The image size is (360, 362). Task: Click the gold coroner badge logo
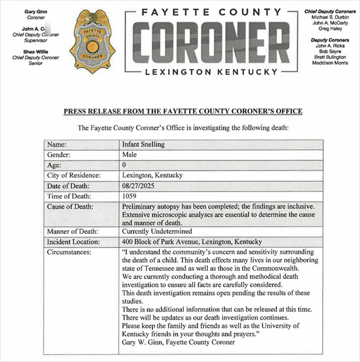pos(93,41)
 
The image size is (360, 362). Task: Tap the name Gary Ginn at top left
pos(36,11)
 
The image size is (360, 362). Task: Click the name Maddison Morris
pos(330,63)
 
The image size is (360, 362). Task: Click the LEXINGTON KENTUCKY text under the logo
pos(211,72)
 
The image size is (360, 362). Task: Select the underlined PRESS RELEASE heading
pos(183,111)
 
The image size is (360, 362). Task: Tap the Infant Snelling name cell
pos(143,145)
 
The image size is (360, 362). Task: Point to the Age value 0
pos(124,165)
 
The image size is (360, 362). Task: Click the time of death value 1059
pos(130,196)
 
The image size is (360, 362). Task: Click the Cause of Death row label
pos(70,206)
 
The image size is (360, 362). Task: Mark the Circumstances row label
pos(69,252)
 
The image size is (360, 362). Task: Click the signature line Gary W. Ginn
pos(175,342)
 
